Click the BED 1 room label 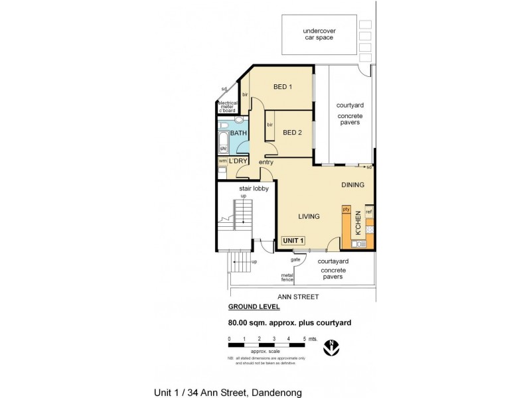(x=283, y=87)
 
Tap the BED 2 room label (x=292, y=133)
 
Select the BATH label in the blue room (x=238, y=133)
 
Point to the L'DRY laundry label (x=238, y=161)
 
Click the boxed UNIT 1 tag (x=293, y=240)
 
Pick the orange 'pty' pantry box (x=346, y=209)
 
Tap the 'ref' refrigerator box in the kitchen (x=369, y=212)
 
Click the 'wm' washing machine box (x=222, y=161)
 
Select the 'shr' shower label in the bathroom (x=223, y=149)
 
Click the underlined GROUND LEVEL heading (x=254, y=307)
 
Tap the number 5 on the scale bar (x=304, y=339)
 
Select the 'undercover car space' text (x=318, y=34)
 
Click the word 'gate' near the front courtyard (x=295, y=259)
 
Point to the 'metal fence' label (x=287, y=277)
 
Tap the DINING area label (x=353, y=185)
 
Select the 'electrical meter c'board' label (x=228, y=106)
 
